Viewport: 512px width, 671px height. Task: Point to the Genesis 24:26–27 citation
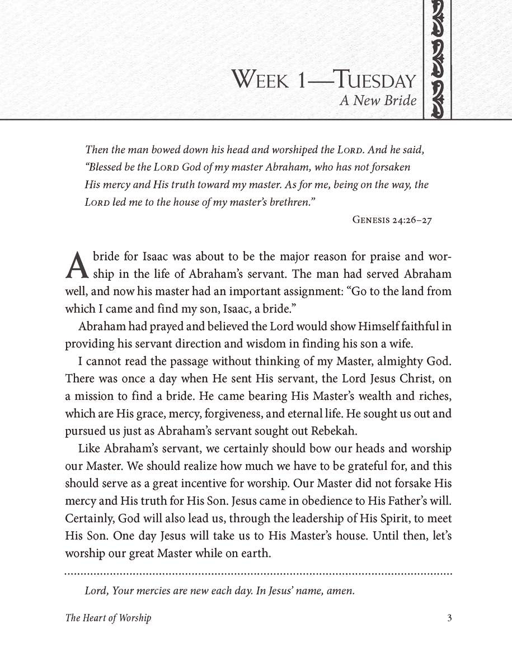(x=392, y=220)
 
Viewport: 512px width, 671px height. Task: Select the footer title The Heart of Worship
(x=108, y=618)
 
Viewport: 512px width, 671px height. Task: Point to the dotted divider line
(x=258, y=573)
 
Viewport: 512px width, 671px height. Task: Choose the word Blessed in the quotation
(x=113, y=168)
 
